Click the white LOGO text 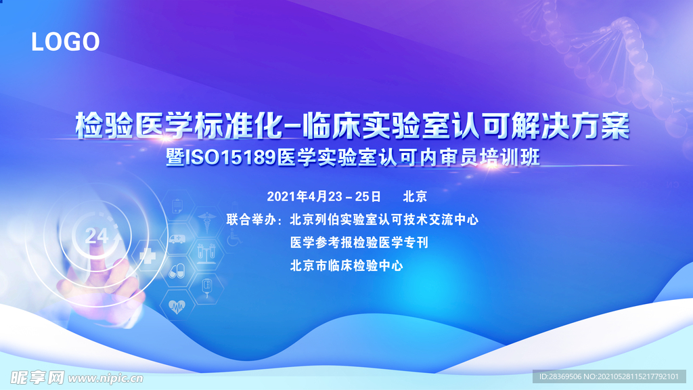[66, 42]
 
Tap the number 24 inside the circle [97, 235]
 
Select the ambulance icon [177, 239]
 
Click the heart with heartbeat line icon [177, 307]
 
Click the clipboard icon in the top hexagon [177, 204]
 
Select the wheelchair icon [233, 238]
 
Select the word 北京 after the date [415, 196]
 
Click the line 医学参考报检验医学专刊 [359, 242]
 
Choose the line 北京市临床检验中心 [346, 265]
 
